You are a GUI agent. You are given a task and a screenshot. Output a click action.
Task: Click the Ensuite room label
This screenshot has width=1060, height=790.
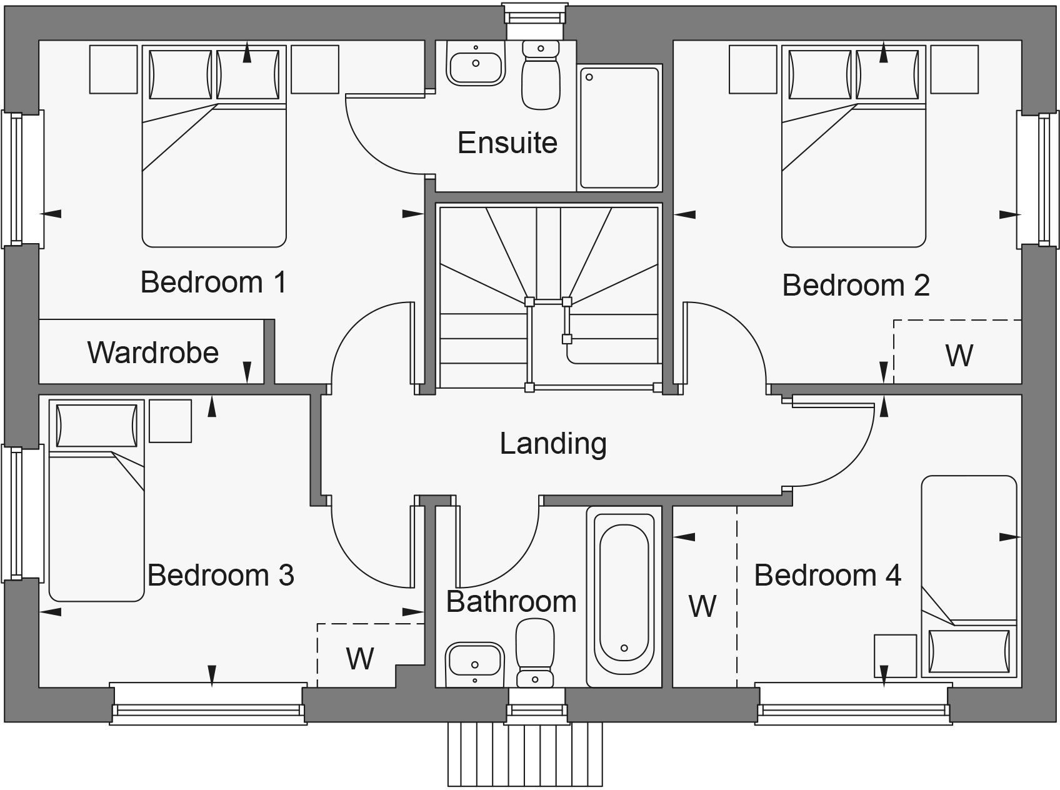click(x=507, y=143)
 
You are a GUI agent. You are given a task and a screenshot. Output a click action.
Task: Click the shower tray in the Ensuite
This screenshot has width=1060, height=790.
click(x=619, y=127)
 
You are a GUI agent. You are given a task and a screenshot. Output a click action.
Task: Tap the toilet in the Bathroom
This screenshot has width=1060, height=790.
click(x=535, y=653)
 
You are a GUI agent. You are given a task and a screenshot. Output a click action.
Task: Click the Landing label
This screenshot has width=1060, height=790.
click(x=553, y=444)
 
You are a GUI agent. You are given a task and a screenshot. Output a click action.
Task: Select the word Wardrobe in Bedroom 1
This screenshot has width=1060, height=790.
click(x=153, y=352)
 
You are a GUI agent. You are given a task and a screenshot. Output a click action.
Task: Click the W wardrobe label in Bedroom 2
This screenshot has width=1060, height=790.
click(x=959, y=356)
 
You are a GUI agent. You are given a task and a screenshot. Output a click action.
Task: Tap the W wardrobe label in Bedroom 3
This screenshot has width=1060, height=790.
click(x=360, y=658)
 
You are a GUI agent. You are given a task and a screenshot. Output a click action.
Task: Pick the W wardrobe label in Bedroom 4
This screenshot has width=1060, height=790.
click(x=702, y=606)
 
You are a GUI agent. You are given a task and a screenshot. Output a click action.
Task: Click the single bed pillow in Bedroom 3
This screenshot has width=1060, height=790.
click(x=96, y=426)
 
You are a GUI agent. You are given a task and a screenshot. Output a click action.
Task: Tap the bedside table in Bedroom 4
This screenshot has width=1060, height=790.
click(x=894, y=656)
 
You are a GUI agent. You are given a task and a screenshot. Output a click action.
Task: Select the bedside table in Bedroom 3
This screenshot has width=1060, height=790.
click(x=170, y=421)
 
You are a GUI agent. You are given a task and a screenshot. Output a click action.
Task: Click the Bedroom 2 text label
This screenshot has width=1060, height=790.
click(x=856, y=286)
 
